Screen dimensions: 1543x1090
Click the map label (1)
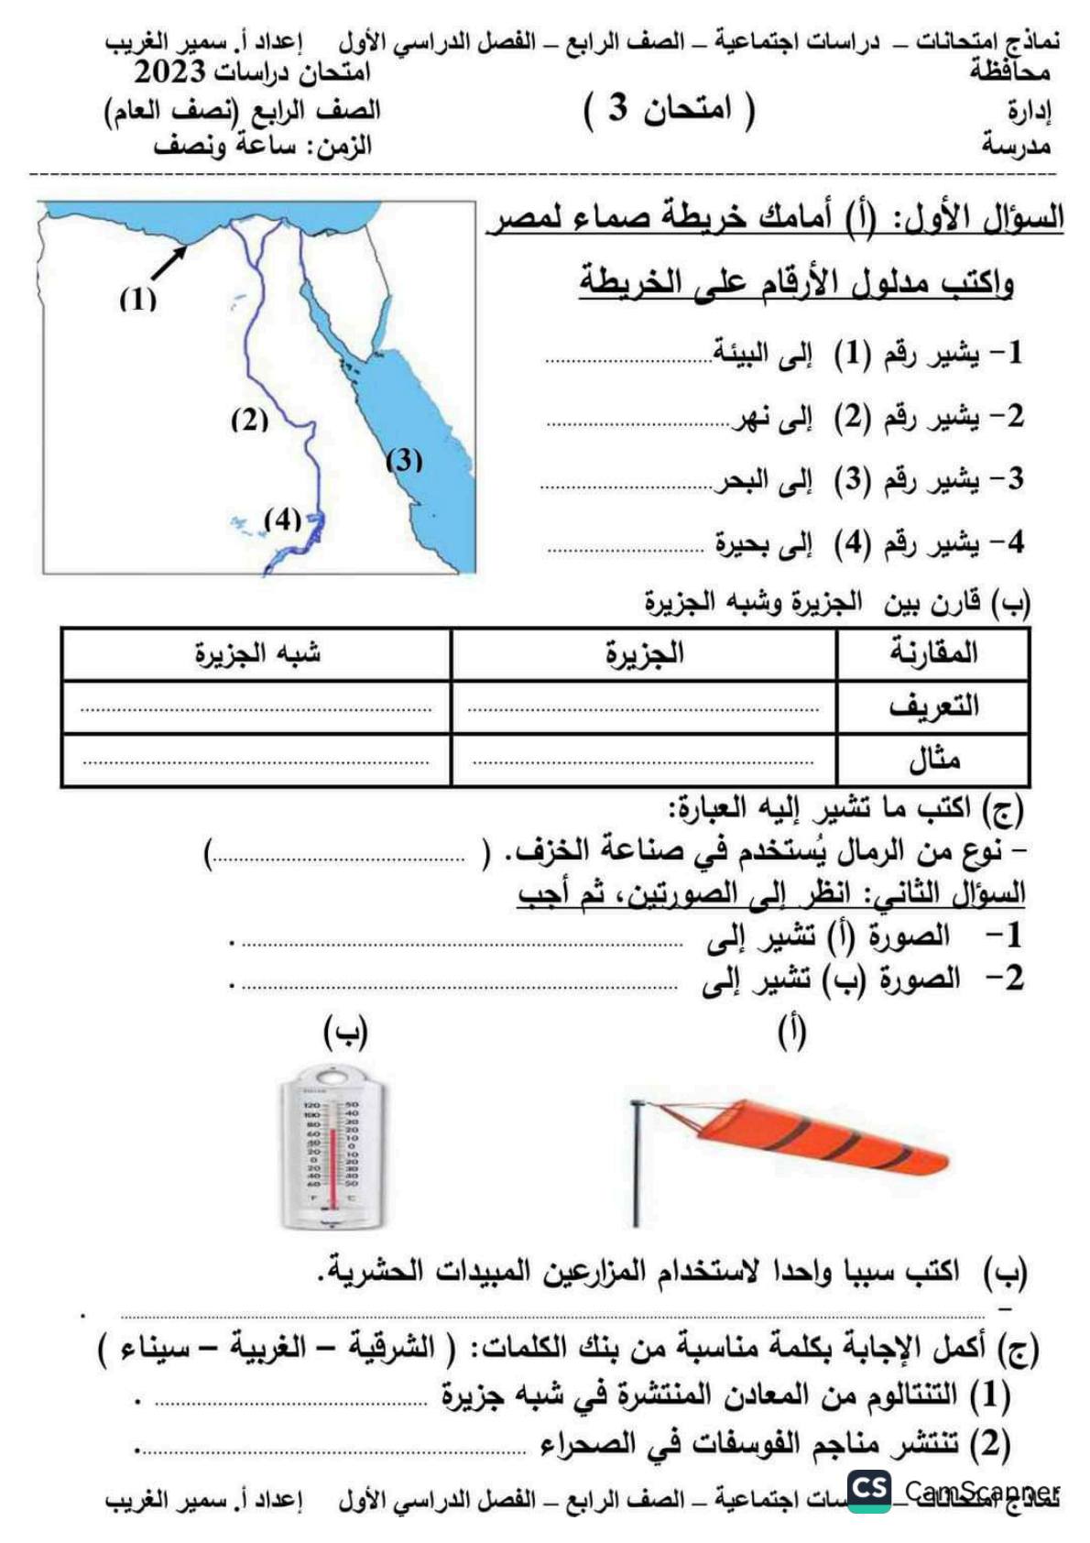click(137, 300)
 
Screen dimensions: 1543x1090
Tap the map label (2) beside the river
click(248, 421)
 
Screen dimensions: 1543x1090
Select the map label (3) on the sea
click(403, 460)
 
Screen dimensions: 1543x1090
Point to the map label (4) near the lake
click(282, 520)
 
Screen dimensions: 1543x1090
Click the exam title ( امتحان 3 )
click(670, 110)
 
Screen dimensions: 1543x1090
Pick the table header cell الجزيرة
click(644, 654)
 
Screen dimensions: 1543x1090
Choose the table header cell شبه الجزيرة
click(257, 654)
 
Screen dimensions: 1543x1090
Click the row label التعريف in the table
click(932, 706)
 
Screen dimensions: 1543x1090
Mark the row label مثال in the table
click(933, 760)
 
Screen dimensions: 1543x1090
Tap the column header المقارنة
click(932, 653)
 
